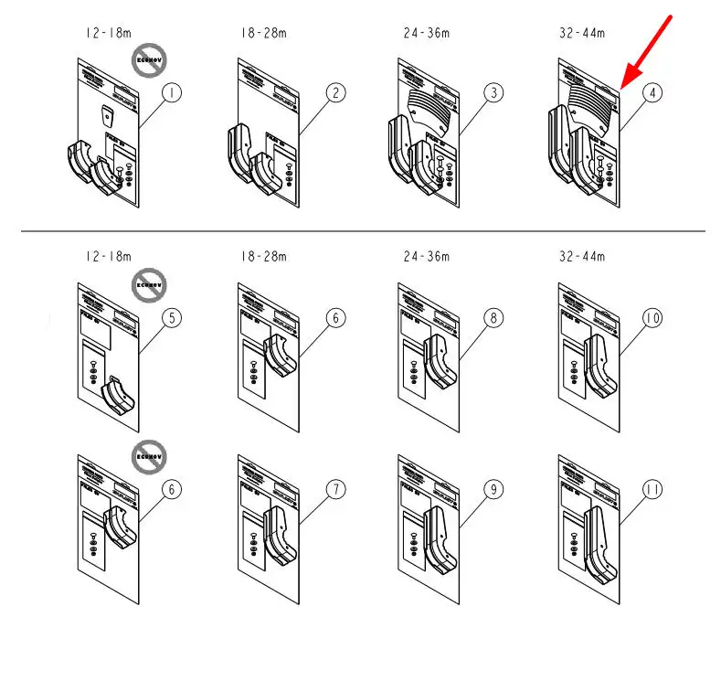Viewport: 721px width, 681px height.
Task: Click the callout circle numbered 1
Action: tap(173, 92)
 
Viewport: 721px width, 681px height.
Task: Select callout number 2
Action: tap(336, 92)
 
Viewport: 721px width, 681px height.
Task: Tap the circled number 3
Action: tap(494, 92)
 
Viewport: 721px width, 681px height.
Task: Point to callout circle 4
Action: tap(652, 92)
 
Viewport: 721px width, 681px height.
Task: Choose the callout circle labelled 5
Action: tap(173, 318)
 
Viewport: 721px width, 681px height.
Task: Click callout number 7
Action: tap(336, 490)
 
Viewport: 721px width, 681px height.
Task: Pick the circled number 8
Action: tap(494, 318)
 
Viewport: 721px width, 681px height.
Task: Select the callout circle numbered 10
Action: tap(652, 318)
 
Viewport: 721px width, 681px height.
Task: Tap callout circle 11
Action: tap(652, 490)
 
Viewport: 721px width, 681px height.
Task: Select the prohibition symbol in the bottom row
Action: tap(147, 455)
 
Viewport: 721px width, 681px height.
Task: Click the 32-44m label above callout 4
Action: tap(582, 33)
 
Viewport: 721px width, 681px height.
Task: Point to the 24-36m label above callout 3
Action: tap(427, 33)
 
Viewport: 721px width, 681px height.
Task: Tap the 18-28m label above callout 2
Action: tap(264, 33)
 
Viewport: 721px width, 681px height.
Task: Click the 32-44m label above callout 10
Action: tap(582, 257)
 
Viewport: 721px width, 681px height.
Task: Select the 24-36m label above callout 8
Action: tap(427, 257)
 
